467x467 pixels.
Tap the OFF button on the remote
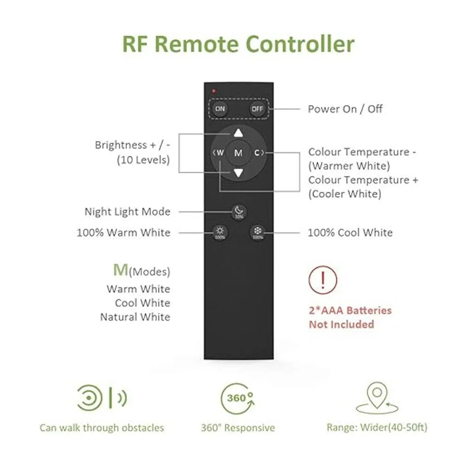257,109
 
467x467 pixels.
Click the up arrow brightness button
239,133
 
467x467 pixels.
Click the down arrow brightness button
239,173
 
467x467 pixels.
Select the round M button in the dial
238,153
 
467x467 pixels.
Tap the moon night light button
239,212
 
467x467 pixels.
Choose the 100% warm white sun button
220,233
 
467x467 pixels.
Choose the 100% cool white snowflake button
258,233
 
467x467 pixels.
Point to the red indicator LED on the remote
214,91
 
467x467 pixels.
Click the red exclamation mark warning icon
323,279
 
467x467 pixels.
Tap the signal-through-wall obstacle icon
102,398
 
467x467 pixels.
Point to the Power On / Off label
345,109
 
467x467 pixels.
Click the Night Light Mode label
127,212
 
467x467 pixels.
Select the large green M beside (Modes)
120,269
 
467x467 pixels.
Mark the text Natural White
135,317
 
